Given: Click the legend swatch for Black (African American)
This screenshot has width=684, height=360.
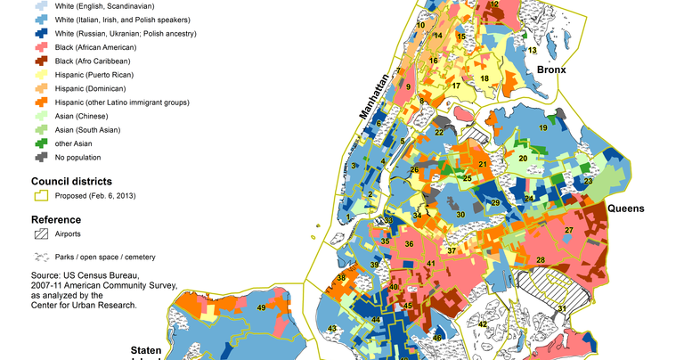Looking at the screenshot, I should pyautogui.click(x=42, y=47).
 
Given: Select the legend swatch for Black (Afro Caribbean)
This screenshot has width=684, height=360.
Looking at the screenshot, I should pyautogui.click(x=42, y=61).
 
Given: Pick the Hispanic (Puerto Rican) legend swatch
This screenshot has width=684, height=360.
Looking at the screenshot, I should pyautogui.click(x=42, y=75).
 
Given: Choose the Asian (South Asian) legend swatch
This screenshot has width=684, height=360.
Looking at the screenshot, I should pyautogui.click(x=42, y=130).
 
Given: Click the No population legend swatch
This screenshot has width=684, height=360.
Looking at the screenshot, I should pyautogui.click(x=42, y=158).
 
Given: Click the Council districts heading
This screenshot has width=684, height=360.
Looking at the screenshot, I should pyautogui.click(x=70, y=181).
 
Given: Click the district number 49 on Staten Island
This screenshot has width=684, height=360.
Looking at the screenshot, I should pyautogui.click(x=261, y=307).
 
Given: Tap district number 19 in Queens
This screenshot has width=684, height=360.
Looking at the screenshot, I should pyautogui.click(x=542, y=129).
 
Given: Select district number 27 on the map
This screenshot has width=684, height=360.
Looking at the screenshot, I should pyautogui.click(x=568, y=231).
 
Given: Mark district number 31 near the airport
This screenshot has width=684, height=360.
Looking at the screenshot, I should pyautogui.click(x=561, y=308).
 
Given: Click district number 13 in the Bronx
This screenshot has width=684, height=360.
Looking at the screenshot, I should pyautogui.click(x=532, y=51).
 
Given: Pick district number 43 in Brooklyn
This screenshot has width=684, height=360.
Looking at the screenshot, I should pyautogui.click(x=332, y=330).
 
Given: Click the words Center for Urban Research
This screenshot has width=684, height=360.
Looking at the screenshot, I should pyautogui.click(x=85, y=305).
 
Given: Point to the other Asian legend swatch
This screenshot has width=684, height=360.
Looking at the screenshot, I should pyautogui.click(x=42, y=144).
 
